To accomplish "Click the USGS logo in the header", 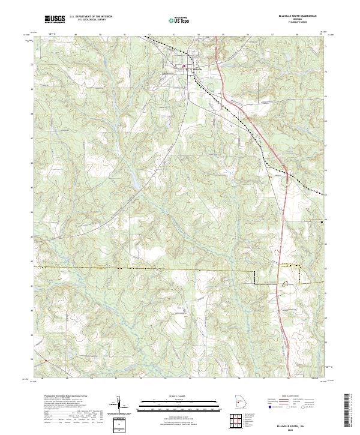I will [x=55, y=20].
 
